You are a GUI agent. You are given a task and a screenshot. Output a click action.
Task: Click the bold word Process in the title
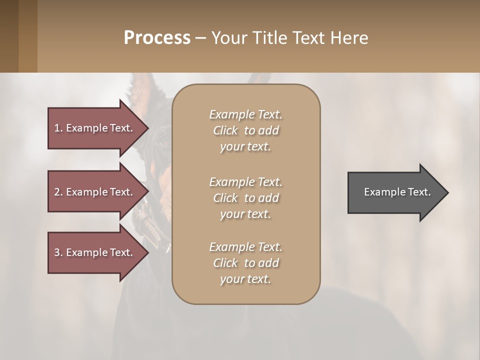click(x=157, y=38)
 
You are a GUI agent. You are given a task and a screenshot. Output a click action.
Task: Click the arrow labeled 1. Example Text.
click(x=95, y=128)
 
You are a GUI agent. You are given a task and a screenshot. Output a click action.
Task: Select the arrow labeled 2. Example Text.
click(x=95, y=192)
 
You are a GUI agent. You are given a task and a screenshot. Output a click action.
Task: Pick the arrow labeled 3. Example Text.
click(x=95, y=252)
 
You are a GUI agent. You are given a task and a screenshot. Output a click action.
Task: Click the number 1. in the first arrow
click(x=58, y=128)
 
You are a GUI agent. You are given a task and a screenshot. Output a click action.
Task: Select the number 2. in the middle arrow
click(x=58, y=192)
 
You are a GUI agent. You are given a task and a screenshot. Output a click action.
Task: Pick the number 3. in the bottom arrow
click(x=58, y=252)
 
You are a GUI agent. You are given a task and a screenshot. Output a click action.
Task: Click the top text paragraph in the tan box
click(x=245, y=130)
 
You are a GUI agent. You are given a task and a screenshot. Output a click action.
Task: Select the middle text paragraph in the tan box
click(x=245, y=198)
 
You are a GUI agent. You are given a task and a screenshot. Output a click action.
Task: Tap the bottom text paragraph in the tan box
click(x=245, y=263)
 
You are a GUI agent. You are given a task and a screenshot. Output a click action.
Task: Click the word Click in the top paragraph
click(x=225, y=130)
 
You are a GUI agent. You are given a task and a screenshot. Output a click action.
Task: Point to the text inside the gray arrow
click(x=397, y=192)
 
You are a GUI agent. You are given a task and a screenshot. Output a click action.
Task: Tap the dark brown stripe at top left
click(x=9, y=36)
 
